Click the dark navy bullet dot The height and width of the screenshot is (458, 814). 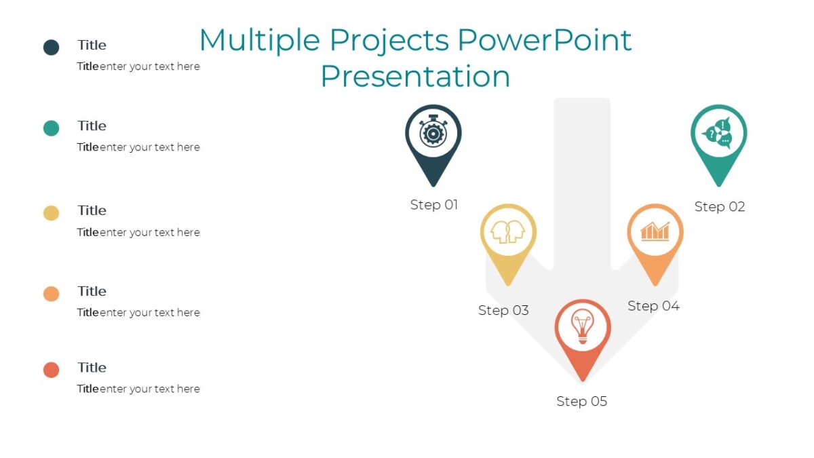tap(52, 47)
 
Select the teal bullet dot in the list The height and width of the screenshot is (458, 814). tap(52, 128)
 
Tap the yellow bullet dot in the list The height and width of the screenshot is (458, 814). tap(52, 213)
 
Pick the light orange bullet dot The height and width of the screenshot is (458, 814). tap(52, 294)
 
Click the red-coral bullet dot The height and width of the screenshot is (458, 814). tap(52, 370)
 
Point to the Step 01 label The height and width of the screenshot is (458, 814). tap(434, 205)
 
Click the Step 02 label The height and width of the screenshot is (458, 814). tap(719, 207)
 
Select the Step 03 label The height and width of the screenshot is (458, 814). tap(503, 310)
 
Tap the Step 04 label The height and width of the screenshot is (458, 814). tap(653, 306)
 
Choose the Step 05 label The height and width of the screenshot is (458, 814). tap(581, 401)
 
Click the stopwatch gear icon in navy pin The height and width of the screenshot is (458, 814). tap(433, 133)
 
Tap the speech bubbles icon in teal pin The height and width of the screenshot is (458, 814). tap(718, 133)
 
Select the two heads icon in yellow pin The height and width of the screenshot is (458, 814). tap(508, 232)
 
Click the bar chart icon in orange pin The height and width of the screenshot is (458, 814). tap(655, 231)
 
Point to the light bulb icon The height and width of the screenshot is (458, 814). tap(582, 327)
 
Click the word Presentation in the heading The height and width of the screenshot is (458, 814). tap(414, 76)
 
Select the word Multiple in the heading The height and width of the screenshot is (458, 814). tap(259, 40)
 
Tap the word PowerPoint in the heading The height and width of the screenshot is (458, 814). tap(544, 40)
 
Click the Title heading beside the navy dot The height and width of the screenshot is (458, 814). tap(92, 45)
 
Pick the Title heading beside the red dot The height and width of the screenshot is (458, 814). tap(92, 368)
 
